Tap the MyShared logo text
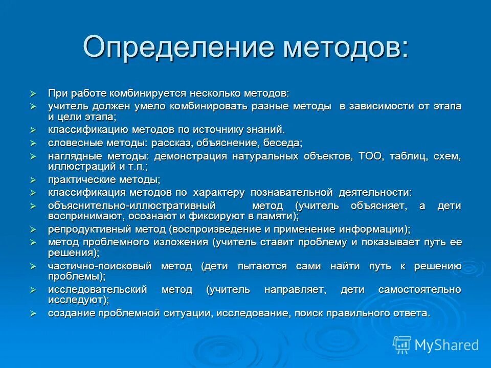pos(447,345)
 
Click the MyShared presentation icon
pos(402,344)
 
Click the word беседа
pos(284,143)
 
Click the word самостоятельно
pos(427,290)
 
